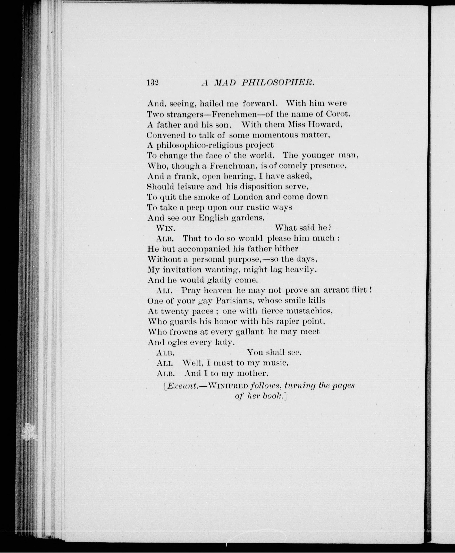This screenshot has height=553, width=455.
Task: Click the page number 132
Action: point(153,83)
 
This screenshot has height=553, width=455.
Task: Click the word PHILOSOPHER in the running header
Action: point(277,83)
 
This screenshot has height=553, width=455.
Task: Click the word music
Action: point(275,363)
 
